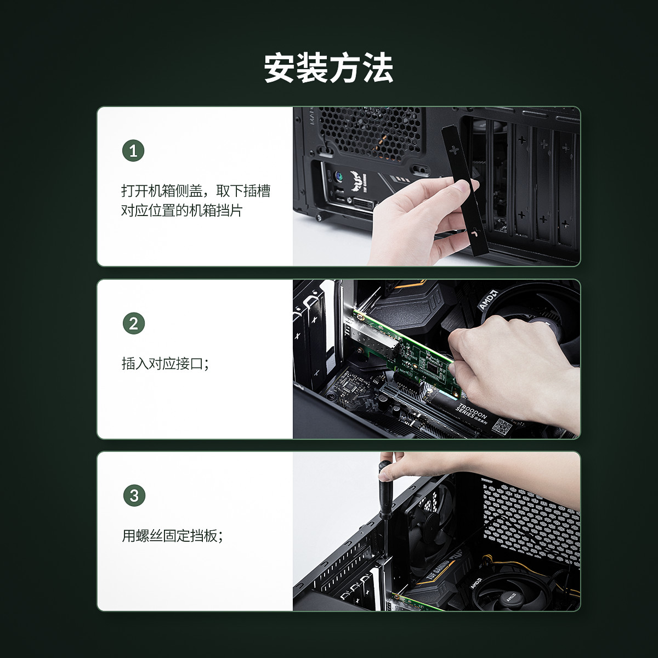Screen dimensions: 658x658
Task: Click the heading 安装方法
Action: click(x=328, y=68)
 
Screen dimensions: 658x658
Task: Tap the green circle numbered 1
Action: click(x=133, y=151)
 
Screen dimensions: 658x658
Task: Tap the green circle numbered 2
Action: click(x=133, y=324)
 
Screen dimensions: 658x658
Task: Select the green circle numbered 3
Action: click(x=134, y=496)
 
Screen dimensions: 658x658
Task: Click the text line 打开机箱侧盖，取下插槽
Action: click(x=196, y=190)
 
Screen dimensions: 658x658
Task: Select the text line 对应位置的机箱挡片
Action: click(x=182, y=211)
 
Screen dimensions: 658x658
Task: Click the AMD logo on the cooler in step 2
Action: click(x=488, y=299)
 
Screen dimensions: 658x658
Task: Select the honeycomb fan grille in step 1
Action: click(x=370, y=133)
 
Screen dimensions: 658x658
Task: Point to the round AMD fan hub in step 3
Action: click(x=510, y=598)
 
